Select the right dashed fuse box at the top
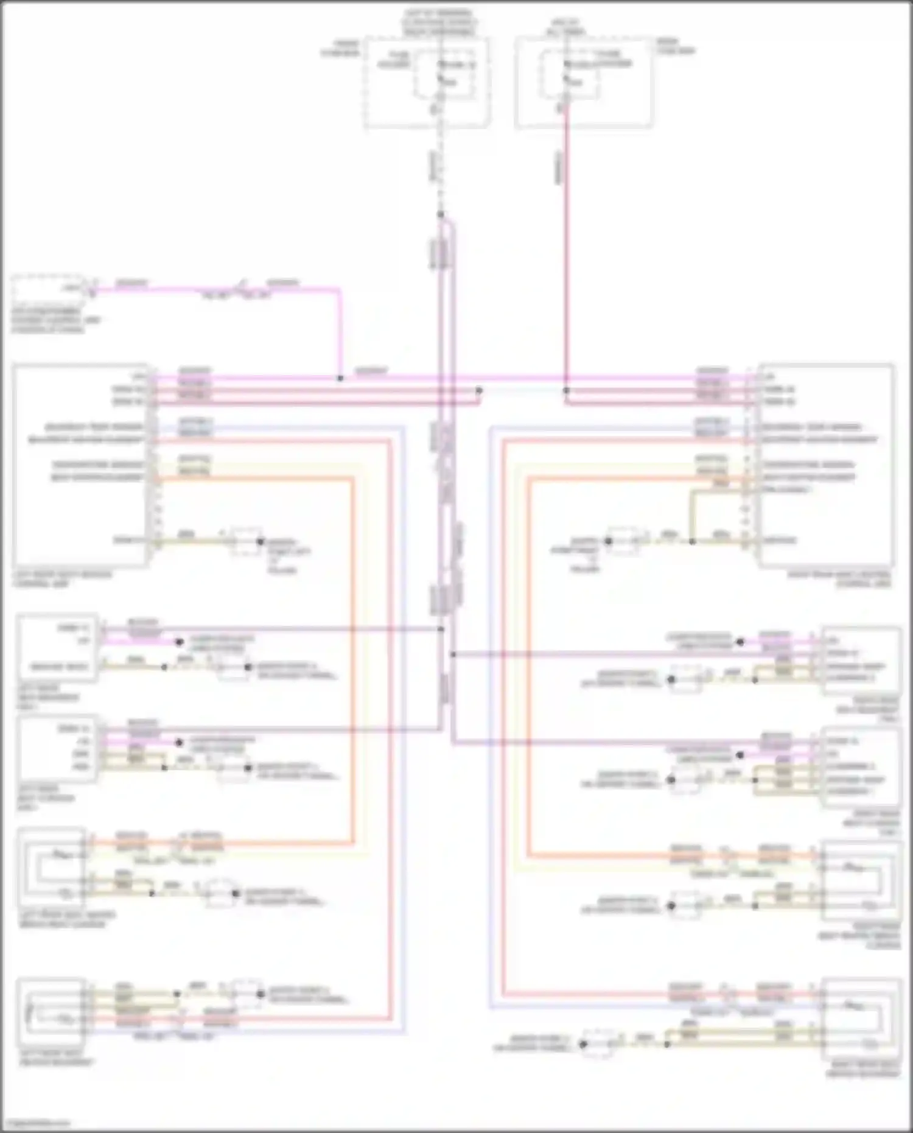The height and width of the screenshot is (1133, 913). click(583, 82)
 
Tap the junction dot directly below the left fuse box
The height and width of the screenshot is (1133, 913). click(441, 214)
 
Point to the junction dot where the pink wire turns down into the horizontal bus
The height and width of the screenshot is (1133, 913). click(340, 378)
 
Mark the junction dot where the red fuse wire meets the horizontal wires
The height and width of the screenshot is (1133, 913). click(566, 390)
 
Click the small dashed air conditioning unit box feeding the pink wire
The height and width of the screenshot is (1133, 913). click(49, 286)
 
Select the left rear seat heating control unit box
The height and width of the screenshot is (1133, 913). click(80, 466)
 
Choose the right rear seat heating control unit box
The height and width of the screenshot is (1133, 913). click(826, 466)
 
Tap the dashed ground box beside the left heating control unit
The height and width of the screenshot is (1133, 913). click(246, 541)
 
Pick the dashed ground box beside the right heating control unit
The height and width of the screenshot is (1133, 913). click(623, 541)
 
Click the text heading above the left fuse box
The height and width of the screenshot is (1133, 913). click(439, 22)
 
